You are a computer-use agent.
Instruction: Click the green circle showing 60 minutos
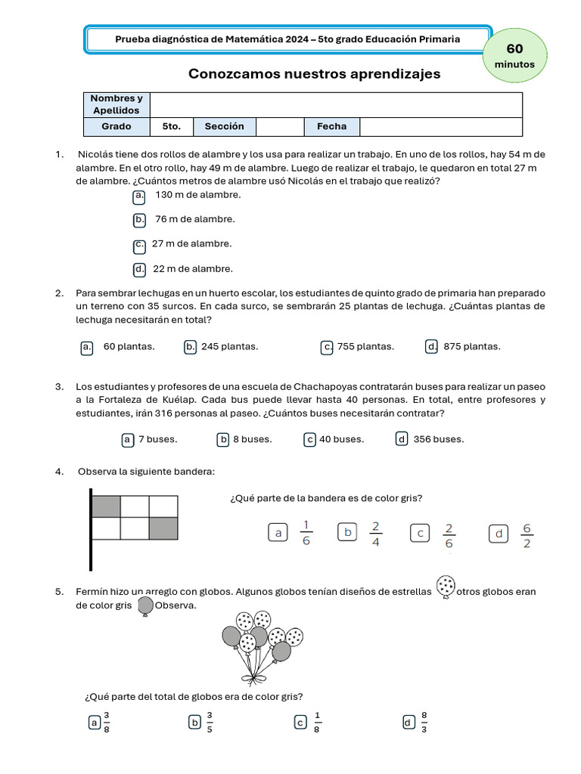pyautogui.click(x=514, y=56)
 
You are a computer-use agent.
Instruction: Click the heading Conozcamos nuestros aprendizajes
pyautogui.click(x=314, y=74)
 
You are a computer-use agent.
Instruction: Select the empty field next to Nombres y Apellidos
pyautogui.click(x=337, y=104)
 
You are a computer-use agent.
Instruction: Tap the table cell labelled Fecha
pyautogui.click(x=331, y=126)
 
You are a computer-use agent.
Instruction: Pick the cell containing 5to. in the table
pyautogui.click(x=172, y=126)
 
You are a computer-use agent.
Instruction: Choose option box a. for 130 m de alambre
pyautogui.click(x=139, y=196)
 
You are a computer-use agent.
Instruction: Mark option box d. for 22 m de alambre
pyautogui.click(x=139, y=269)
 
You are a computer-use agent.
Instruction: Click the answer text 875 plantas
pyautogui.click(x=472, y=347)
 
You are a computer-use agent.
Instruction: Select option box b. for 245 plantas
pyautogui.click(x=191, y=347)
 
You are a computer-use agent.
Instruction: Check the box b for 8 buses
pyautogui.click(x=223, y=439)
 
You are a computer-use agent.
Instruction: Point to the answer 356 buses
pyautogui.click(x=439, y=439)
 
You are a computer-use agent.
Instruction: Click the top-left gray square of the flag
pyautogui.click(x=106, y=506)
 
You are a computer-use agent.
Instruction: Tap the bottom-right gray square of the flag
pyautogui.click(x=163, y=528)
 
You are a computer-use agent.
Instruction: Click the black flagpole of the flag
pyautogui.click(x=91, y=529)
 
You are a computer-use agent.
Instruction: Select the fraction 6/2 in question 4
pyautogui.click(x=527, y=534)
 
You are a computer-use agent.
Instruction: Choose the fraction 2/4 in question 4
pyautogui.click(x=376, y=534)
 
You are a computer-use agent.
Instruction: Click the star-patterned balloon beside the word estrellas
pyautogui.click(x=446, y=587)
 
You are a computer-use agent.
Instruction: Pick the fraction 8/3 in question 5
pyautogui.click(x=424, y=723)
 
